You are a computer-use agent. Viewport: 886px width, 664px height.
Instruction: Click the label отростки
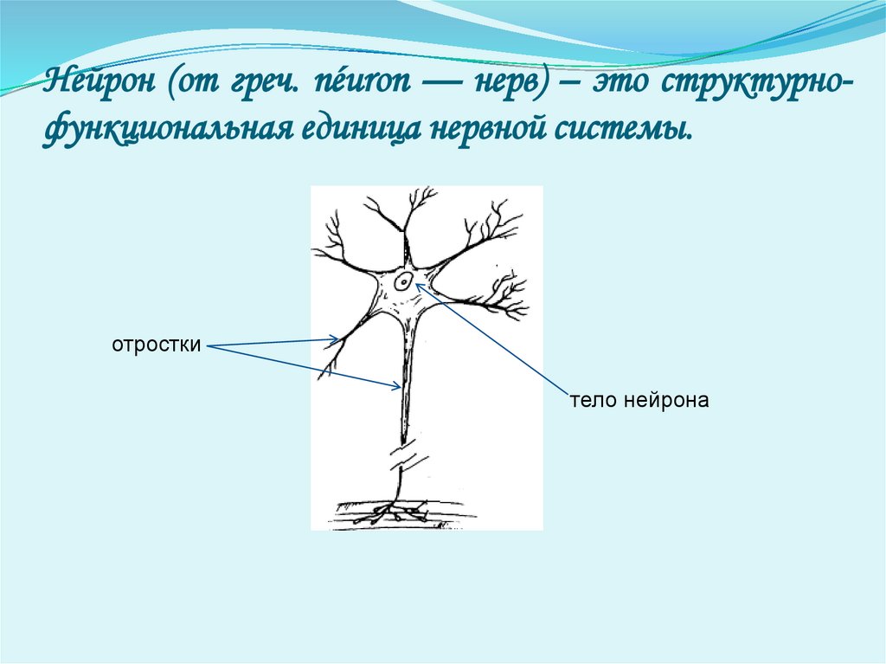tap(156, 345)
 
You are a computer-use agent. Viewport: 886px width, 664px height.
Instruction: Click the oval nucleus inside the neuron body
tap(403, 281)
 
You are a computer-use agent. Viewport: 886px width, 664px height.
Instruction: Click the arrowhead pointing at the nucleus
tap(420, 283)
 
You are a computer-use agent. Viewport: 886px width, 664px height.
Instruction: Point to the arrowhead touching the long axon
tap(396, 386)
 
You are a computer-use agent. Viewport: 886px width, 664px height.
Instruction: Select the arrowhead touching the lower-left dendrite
tap(336, 338)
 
